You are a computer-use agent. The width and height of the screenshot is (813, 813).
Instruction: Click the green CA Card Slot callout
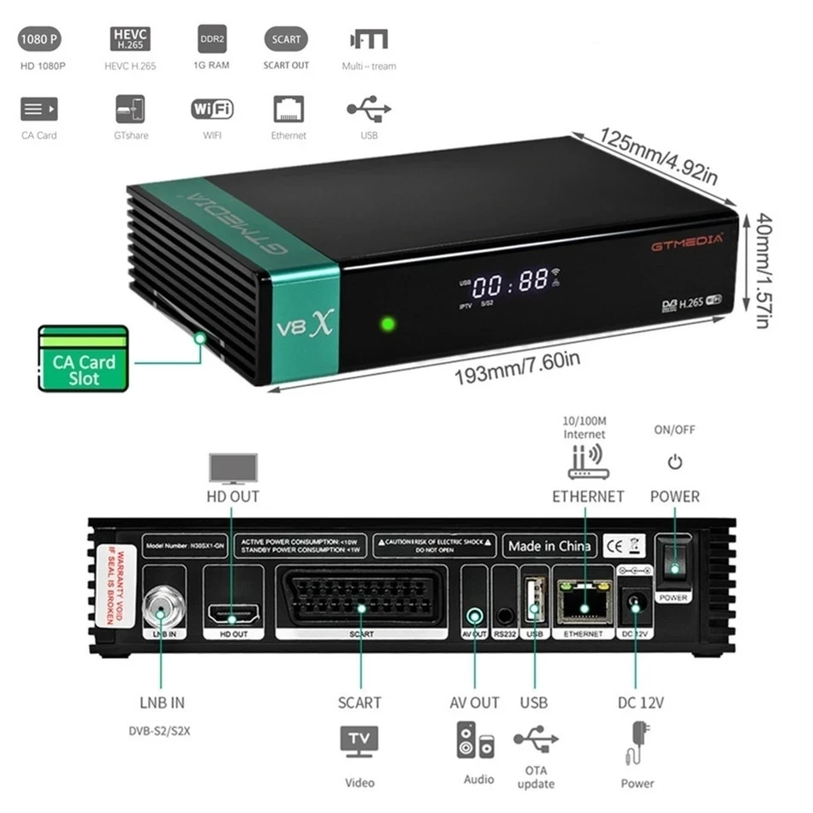[x=83, y=357]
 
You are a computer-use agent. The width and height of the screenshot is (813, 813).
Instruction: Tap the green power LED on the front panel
[x=388, y=323]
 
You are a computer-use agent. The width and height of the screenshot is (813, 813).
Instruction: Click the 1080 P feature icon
[x=40, y=39]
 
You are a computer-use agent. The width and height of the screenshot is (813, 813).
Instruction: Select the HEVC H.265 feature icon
[x=130, y=39]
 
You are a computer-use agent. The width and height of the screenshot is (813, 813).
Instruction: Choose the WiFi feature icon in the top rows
[x=211, y=110]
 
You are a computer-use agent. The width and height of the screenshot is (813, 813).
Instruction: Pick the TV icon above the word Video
[x=359, y=741]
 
